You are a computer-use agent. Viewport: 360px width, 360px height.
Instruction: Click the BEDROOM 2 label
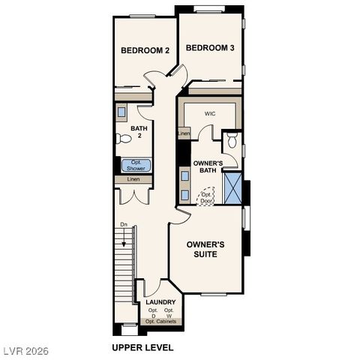pos(145,50)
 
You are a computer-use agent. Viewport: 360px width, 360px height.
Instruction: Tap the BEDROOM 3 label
pos(210,48)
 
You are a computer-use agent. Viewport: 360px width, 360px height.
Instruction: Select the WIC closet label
pos(210,115)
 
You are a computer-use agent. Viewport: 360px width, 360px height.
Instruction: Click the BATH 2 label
pos(139,132)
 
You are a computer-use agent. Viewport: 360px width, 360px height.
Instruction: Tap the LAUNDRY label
pos(160,302)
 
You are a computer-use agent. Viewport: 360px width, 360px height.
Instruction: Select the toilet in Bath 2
pos(123,139)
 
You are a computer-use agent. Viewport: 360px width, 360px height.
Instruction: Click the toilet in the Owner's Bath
pos(232,139)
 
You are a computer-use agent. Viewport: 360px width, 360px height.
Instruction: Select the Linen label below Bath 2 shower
pos(133,180)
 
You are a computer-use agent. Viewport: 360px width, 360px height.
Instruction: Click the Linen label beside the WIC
pos(184,134)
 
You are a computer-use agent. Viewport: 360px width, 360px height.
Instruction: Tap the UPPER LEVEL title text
pos(142,347)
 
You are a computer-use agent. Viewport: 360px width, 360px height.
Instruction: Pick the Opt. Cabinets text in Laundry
pos(160,321)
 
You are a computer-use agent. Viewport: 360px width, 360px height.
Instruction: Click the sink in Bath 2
pos(121,112)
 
